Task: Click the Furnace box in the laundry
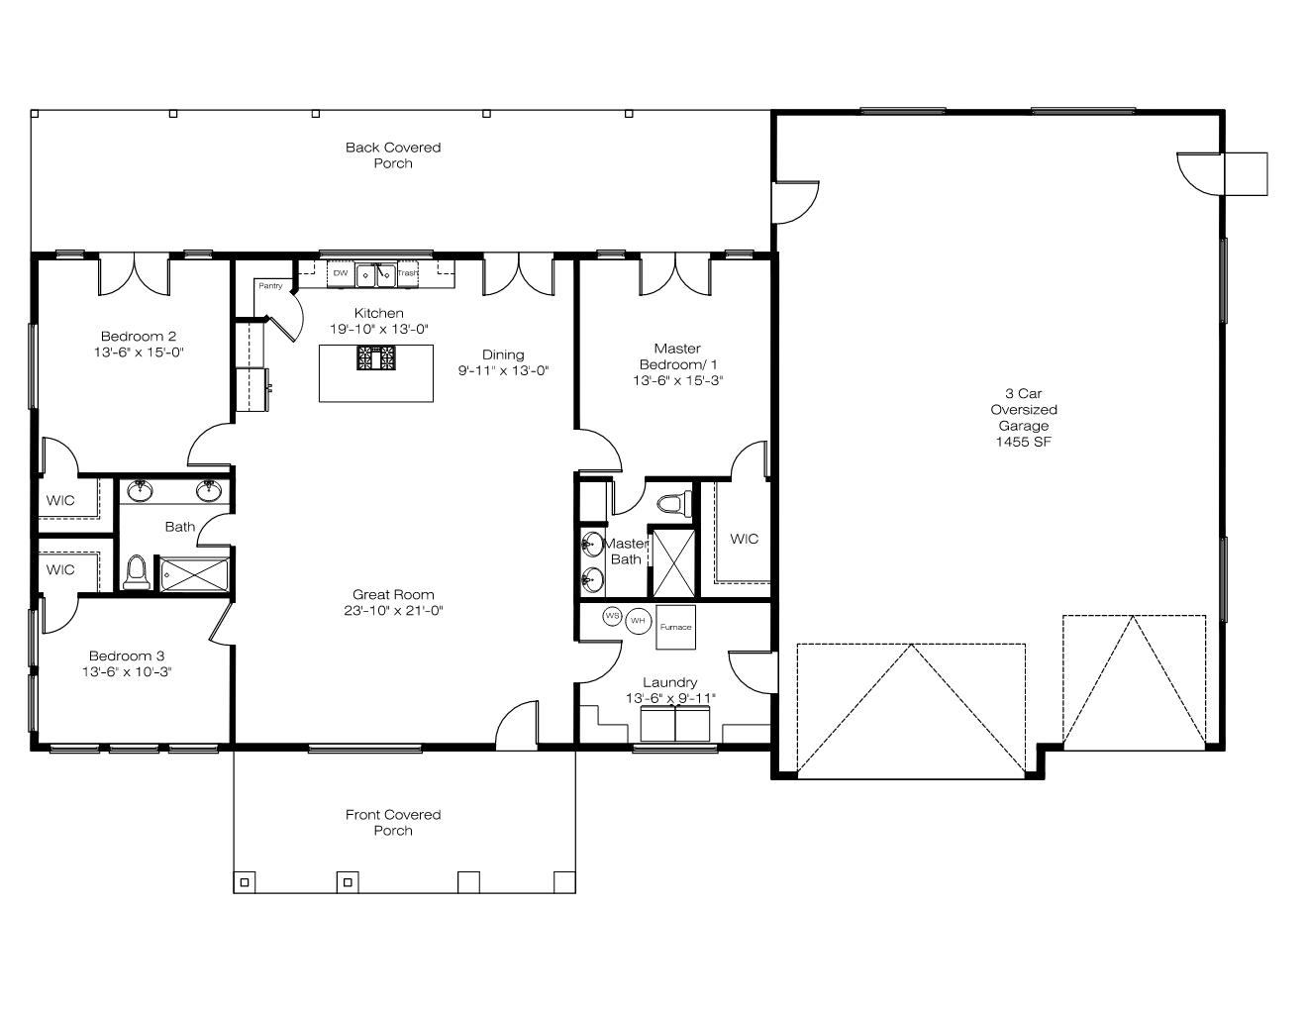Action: point(675,628)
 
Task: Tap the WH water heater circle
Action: point(639,621)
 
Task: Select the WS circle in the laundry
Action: point(612,616)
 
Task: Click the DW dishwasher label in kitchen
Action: point(341,273)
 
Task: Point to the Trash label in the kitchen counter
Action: point(408,273)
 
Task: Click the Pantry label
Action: point(270,286)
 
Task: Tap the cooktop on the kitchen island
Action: point(376,357)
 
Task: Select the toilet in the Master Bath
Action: point(674,503)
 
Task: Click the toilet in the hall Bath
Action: point(137,571)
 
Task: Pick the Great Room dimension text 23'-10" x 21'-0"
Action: point(393,611)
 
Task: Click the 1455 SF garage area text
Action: point(1023,443)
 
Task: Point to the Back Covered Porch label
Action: point(393,155)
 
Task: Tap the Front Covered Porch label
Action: point(393,822)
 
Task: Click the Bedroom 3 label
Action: point(127,656)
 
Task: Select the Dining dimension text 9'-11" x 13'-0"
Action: point(503,370)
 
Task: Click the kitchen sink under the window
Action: point(376,275)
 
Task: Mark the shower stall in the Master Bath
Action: point(673,563)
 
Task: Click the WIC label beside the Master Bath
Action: point(744,539)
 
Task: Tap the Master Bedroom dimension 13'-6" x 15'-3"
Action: point(678,381)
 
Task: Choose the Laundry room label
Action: point(670,682)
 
